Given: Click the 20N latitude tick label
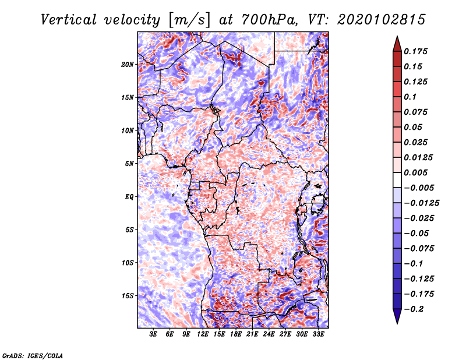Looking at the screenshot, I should [x=128, y=64].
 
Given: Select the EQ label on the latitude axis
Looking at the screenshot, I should [x=129, y=196].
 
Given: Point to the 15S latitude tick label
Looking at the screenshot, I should [x=128, y=295].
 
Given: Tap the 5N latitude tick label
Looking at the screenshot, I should [x=129, y=164].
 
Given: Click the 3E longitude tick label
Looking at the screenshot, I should [x=153, y=334].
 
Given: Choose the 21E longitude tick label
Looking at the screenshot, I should [x=252, y=334].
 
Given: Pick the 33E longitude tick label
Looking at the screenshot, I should [x=318, y=334].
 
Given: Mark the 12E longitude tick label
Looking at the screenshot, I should [x=203, y=334].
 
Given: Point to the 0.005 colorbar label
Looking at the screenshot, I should [x=417, y=172].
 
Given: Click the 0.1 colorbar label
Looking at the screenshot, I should [x=411, y=97].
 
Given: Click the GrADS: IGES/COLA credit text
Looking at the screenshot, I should [x=32, y=354].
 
